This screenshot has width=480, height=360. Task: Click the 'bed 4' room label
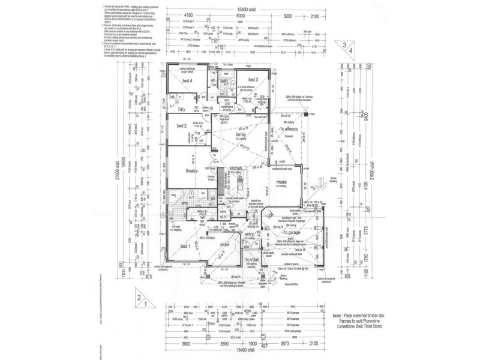pyautogui.click(x=187, y=80)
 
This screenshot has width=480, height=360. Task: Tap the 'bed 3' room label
pyautogui.click(x=252, y=79)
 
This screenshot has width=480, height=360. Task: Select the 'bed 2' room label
pyautogui.click(x=182, y=125)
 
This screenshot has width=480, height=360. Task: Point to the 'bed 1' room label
pyautogui.click(x=185, y=246)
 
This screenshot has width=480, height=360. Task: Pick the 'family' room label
pyautogui.click(x=241, y=136)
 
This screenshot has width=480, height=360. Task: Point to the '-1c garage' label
pyautogui.click(x=292, y=232)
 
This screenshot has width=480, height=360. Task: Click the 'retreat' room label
pyautogui.click(x=224, y=245)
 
